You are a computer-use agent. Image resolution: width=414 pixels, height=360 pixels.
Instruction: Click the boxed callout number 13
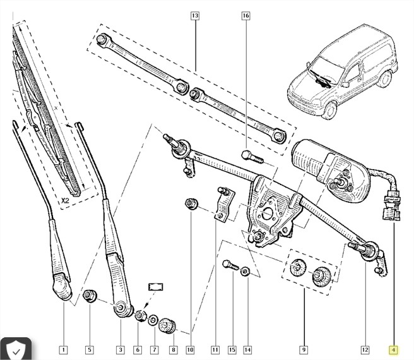(x=194, y=15)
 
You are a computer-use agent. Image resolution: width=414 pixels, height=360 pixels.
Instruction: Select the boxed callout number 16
(x=245, y=15)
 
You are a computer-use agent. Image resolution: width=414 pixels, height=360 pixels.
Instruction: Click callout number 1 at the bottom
(x=64, y=349)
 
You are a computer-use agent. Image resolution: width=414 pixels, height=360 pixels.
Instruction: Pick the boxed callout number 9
(x=304, y=349)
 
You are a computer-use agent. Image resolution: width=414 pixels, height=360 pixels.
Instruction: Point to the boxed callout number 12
(x=365, y=349)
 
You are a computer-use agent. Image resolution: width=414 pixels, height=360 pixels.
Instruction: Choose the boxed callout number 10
(x=190, y=349)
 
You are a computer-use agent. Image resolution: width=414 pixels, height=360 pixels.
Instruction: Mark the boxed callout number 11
(x=215, y=349)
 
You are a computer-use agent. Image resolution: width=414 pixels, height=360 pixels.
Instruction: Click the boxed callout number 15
(x=232, y=349)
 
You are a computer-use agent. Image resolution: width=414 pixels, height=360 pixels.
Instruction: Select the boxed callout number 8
(x=173, y=349)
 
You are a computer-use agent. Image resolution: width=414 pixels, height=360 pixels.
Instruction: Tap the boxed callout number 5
(x=89, y=349)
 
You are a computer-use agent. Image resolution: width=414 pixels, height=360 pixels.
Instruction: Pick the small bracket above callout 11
(x=222, y=202)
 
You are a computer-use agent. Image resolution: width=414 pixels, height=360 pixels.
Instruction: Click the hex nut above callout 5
(x=90, y=294)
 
